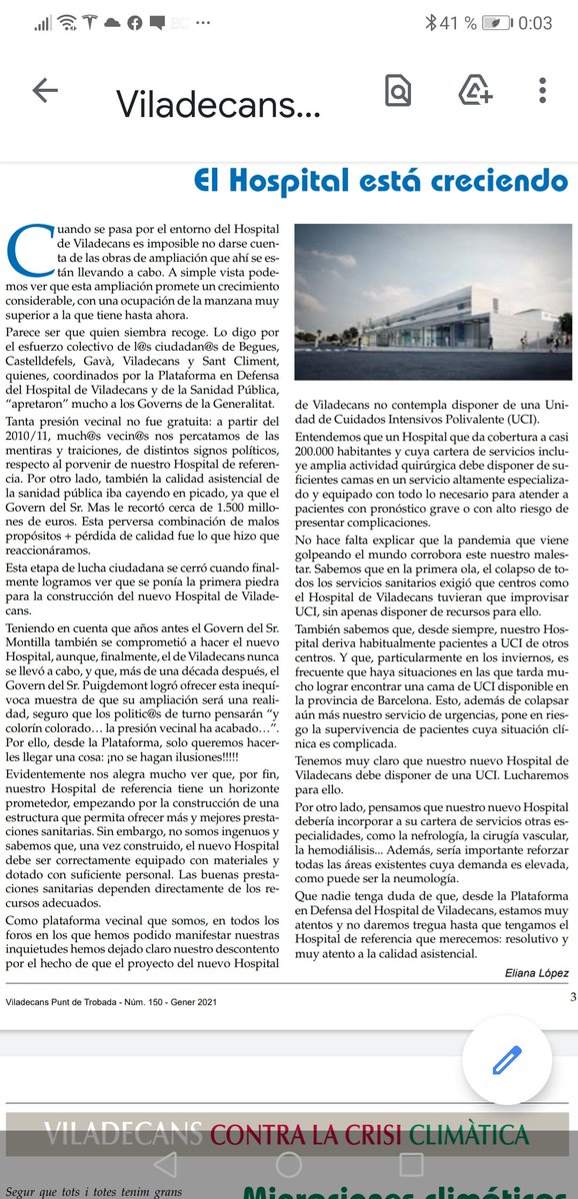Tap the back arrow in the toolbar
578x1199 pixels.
(x=45, y=91)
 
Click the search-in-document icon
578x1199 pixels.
(x=398, y=91)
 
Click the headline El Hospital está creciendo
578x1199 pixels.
(x=379, y=181)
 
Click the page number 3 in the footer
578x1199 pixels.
(x=572, y=995)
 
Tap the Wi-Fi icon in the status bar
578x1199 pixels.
(x=69, y=22)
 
